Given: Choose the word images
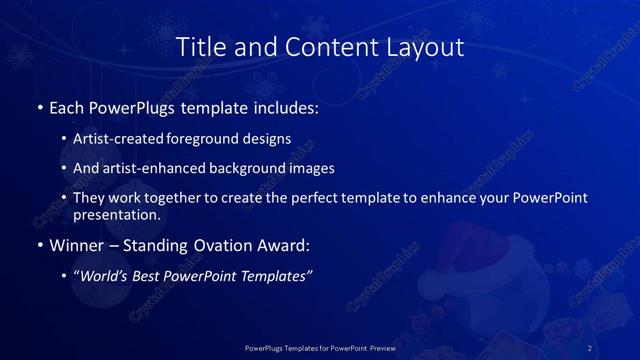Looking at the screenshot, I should (x=306, y=168).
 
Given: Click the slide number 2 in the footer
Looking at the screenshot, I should (x=590, y=347).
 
